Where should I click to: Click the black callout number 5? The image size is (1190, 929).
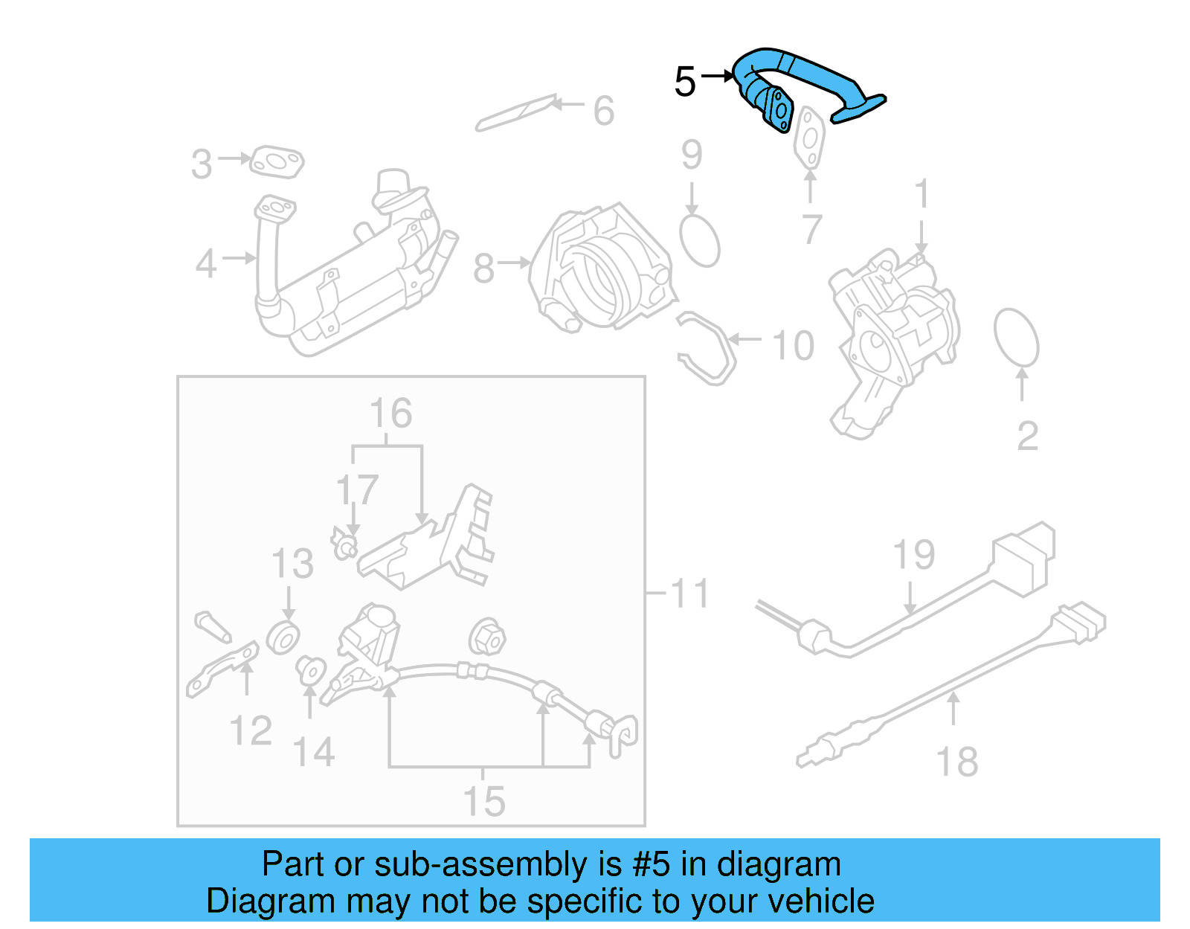point(685,81)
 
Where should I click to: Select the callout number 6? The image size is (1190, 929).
point(604,112)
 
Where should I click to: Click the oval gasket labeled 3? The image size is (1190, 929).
point(277,162)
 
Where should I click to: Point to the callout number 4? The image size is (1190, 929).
point(206,264)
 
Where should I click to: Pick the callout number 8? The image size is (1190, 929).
point(483,269)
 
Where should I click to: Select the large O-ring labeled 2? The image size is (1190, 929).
point(1016,338)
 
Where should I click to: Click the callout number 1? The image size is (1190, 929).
point(922,194)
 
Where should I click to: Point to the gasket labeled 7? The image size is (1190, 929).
point(809,139)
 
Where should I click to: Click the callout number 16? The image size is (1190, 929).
point(390,414)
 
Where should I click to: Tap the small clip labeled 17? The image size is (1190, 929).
point(344,546)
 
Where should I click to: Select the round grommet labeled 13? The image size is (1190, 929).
point(283,638)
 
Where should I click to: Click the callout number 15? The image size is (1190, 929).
point(483,802)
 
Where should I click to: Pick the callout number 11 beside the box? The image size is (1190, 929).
point(689,594)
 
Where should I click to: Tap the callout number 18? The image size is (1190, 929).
point(956,762)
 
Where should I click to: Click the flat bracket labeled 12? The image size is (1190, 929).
point(222,669)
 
